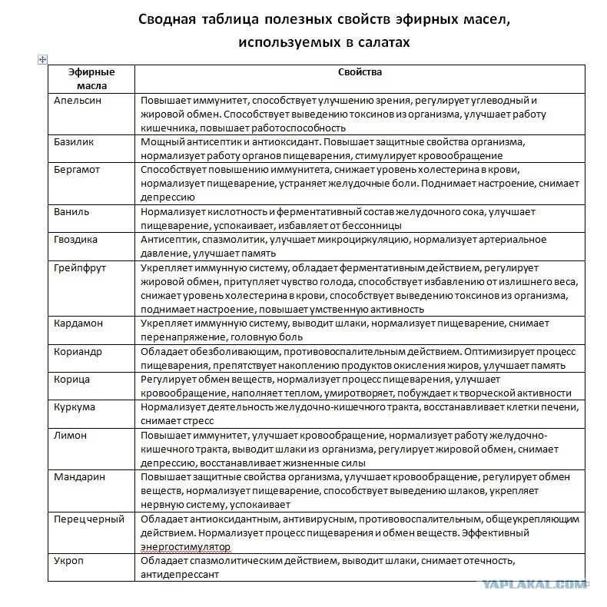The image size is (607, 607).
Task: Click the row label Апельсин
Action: coord(78,101)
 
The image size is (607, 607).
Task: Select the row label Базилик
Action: coord(75,142)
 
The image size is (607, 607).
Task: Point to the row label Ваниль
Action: coord(72,211)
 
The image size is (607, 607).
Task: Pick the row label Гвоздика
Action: coord(76,239)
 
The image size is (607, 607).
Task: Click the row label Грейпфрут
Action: coord(80,267)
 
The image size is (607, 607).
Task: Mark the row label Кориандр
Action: coord(78,350)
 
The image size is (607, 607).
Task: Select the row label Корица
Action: coord(72,379)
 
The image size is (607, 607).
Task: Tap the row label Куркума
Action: coord(75,406)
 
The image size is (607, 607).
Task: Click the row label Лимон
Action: coord(71,435)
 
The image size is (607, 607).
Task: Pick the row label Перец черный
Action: coord(89,519)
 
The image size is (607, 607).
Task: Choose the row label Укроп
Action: coord(69,560)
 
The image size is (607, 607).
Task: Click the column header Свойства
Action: coord(360,72)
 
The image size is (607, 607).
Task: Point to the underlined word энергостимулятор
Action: coord(185,546)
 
